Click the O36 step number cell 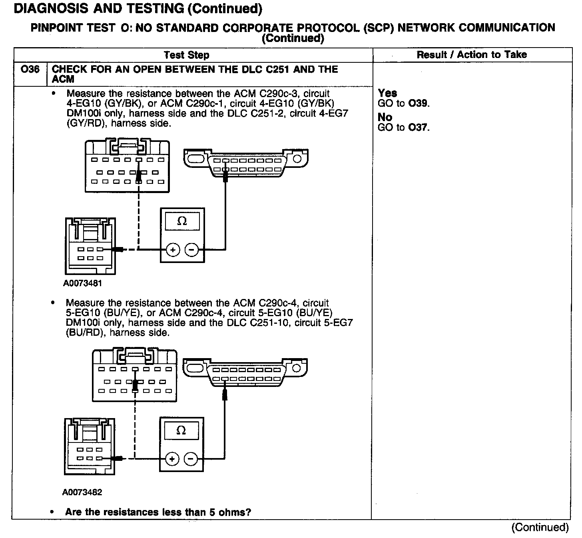pos(30,70)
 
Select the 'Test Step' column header pos(186,55)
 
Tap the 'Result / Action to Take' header pos(472,55)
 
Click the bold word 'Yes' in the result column pos(387,93)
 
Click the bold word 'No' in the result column pos(385,117)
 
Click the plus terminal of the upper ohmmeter pos(173,250)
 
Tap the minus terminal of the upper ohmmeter pos(191,250)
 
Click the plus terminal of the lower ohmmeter pos(172,459)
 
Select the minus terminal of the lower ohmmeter pos(191,459)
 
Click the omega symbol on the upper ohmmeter pos(182,221)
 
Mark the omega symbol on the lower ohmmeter pos(181,430)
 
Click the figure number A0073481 pos(82,283)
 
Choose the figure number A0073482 pos(82,492)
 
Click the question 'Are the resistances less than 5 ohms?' pos(158,512)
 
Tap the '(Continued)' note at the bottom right pos(540,528)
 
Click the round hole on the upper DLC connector pos(297,159)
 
